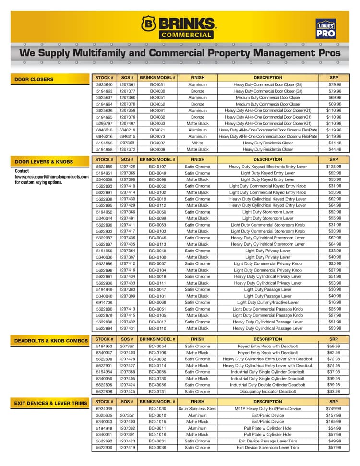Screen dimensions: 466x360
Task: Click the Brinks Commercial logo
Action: (179, 27)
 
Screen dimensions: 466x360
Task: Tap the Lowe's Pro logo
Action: (325, 29)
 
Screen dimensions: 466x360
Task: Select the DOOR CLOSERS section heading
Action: (34, 79)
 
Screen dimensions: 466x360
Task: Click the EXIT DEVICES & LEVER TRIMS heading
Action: (50, 404)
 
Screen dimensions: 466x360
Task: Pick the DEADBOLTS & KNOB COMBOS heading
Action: (51, 341)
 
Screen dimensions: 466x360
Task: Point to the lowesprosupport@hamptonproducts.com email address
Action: (52, 177)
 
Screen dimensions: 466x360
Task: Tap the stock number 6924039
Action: (104, 409)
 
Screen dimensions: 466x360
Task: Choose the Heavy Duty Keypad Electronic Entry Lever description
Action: (268, 167)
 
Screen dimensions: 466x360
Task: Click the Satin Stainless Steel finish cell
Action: (197, 409)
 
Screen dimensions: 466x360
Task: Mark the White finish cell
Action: (197, 143)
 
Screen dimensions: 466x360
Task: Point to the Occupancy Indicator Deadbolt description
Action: (268, 392)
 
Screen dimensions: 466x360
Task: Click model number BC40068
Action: (157, 302)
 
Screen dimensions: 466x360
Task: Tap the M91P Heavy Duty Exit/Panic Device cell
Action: (268, 409)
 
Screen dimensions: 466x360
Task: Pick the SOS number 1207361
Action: (127, 84)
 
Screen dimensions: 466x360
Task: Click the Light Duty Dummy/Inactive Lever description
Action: (268, 302)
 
